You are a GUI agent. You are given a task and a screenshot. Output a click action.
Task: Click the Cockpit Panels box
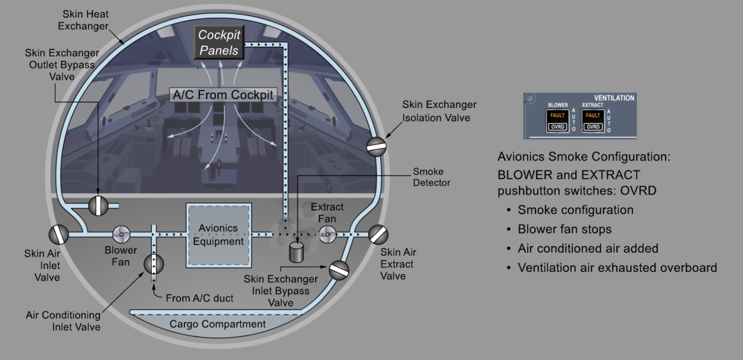click(x=219, y=42)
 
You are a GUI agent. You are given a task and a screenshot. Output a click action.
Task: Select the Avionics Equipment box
click(x=219, y=235)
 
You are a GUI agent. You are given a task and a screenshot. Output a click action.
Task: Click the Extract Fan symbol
click(x=327, y=235)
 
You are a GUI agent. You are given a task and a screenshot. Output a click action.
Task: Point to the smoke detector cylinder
click(x=296, y=252)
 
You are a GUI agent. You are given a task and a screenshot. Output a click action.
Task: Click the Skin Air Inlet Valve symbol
click(x=58, y=235)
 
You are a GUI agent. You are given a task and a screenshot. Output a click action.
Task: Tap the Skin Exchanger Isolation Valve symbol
click(x=376, y=146)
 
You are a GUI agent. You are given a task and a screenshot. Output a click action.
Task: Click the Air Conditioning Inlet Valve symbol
click(x=154, y=264)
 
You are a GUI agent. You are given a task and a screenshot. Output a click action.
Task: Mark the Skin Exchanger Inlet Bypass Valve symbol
click(x=339, y=270)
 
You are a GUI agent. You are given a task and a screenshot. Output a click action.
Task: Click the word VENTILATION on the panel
click(x=614, y=98)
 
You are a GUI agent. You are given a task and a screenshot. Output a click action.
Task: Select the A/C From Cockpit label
click(x=223, y=95)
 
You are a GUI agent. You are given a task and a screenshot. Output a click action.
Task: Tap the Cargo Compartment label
click(x=217, y=324)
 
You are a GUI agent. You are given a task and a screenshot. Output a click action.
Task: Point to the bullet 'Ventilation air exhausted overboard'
click(x=617, y=267)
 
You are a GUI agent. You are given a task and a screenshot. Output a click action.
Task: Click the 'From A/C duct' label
click(x=199, y=298)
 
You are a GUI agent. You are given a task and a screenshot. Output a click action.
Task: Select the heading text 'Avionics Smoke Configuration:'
click(x=584, y=157)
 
